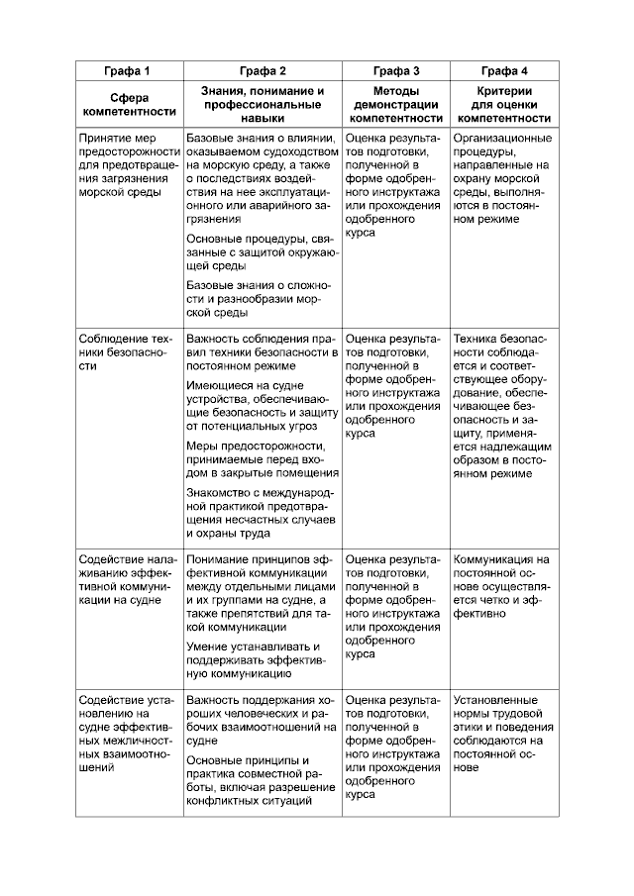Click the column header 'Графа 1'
[x=129, y=71]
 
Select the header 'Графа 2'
[x=263, y=71]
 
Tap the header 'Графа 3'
[x=396, y=71]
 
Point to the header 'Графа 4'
[x=504, y=71]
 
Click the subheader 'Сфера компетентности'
[x=129, y=105]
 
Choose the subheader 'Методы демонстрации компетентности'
[x=396, y=104]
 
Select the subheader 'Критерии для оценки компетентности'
[x=504, y=104]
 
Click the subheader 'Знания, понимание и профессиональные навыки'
[x=263, y=104]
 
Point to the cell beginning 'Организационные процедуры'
[x=503, y=179]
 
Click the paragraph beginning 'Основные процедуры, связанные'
[x=262, y=252]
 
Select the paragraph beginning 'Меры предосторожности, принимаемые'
[x=262, y=459]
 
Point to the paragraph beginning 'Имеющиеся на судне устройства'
[x=262, y=405]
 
